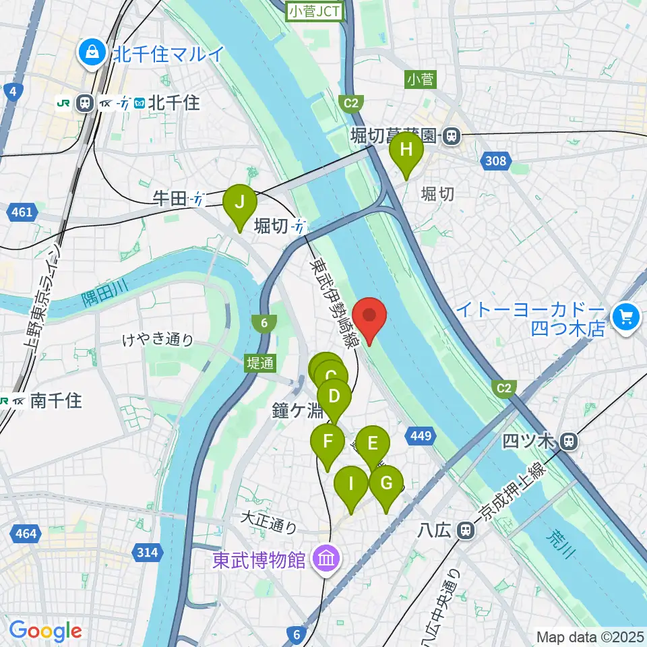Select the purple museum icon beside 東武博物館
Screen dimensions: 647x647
coord(327,559)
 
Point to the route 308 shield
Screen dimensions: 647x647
coord(495,161)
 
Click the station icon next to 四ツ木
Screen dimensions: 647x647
coord(569,442)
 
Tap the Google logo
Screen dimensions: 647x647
coord(44,631)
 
